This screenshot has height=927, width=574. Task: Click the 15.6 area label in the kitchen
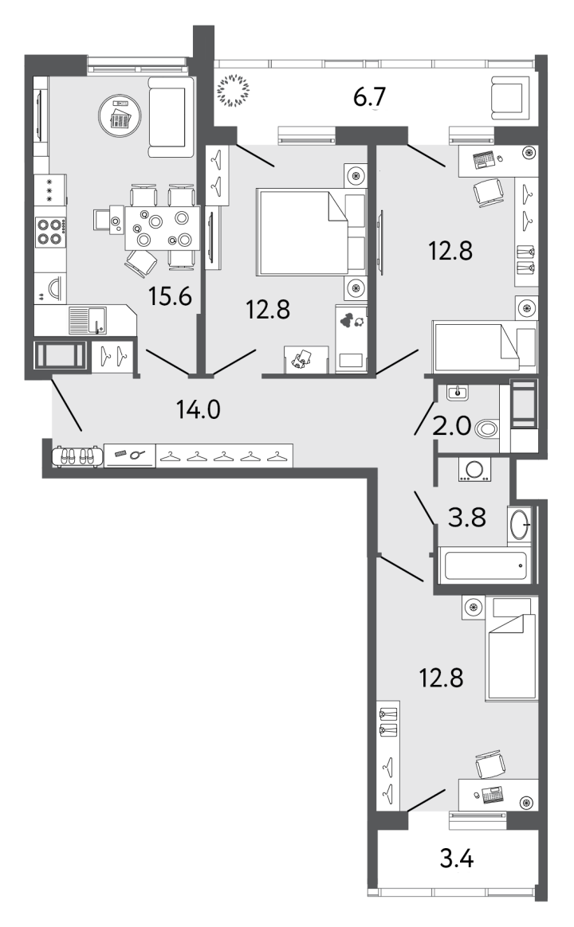170,296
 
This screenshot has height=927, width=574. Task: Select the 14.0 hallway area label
199,409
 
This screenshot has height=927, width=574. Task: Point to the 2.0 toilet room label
451,425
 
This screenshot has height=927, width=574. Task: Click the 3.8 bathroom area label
467,518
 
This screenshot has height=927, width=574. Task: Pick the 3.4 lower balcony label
457,857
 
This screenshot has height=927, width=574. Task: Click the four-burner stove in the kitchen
50,231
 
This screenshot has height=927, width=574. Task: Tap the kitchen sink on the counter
87,320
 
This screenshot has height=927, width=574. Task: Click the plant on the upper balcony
234,91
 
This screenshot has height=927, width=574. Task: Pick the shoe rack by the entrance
77,456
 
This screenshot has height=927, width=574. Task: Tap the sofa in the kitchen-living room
171,116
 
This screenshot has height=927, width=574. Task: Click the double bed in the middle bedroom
311,232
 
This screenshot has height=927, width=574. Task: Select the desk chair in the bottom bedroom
490,765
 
